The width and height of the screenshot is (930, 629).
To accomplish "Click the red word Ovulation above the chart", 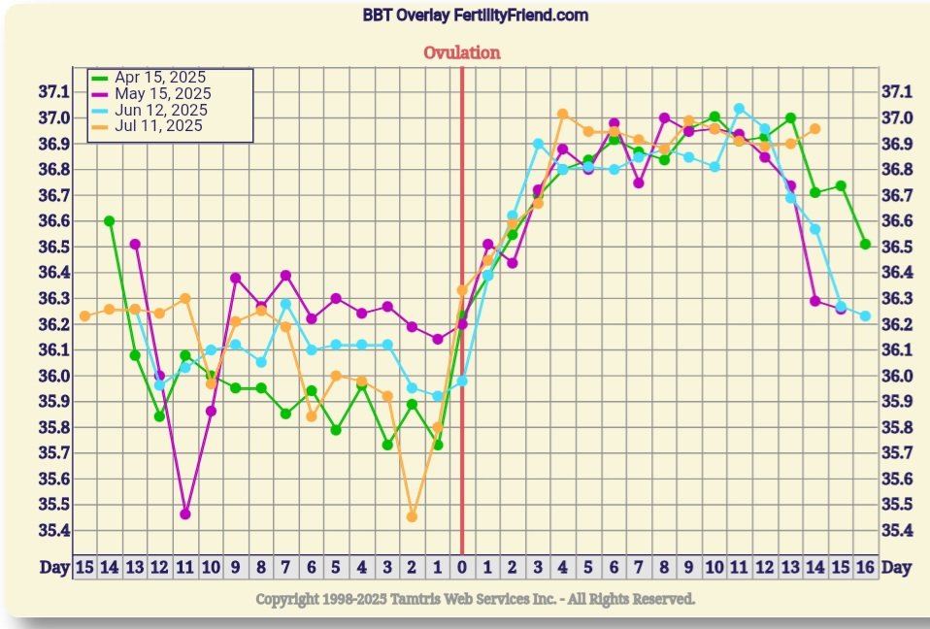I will coord(462,52).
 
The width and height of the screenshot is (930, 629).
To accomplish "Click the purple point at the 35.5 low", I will coord(185,513).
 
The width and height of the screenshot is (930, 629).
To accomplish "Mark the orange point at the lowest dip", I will coord(412,516).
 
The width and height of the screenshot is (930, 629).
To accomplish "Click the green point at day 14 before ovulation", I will coord(109,221).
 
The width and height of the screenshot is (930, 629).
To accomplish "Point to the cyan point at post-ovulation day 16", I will coord(865,316).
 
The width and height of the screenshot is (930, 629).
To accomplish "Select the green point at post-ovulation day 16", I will coord(865,245).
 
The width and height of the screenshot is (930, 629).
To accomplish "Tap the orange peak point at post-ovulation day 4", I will coord(562,114).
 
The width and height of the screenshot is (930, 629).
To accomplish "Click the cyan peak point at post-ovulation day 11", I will coord(739,109).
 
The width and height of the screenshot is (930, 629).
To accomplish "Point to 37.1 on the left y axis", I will coord(54,92).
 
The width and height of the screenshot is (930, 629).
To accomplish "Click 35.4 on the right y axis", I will coord(896,531).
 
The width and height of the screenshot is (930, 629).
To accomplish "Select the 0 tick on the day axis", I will coord(462,567).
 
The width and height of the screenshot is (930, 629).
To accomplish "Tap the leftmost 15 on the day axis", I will coord(83,567).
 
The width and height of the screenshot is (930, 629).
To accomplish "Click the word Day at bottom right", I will coord(897,567).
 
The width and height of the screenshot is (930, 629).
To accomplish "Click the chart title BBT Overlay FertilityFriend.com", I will coord(476,16).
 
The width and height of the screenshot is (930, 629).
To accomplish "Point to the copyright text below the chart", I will coord(475,599).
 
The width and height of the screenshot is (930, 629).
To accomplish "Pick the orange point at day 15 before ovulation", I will coord(84,315).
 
